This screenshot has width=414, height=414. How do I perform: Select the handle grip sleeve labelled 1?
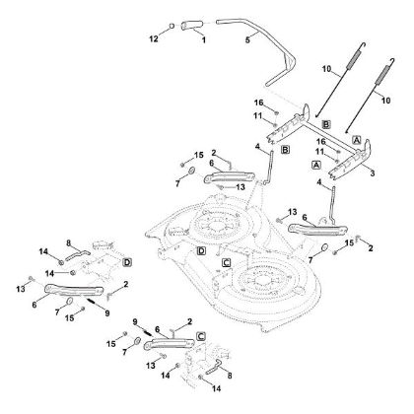[x=194, y=22]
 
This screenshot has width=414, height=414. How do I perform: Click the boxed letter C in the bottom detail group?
[x=200, y=336]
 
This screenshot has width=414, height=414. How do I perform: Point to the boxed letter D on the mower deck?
[x=200, y=252]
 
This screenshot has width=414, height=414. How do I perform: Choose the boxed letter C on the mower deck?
[x=226, y=262]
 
